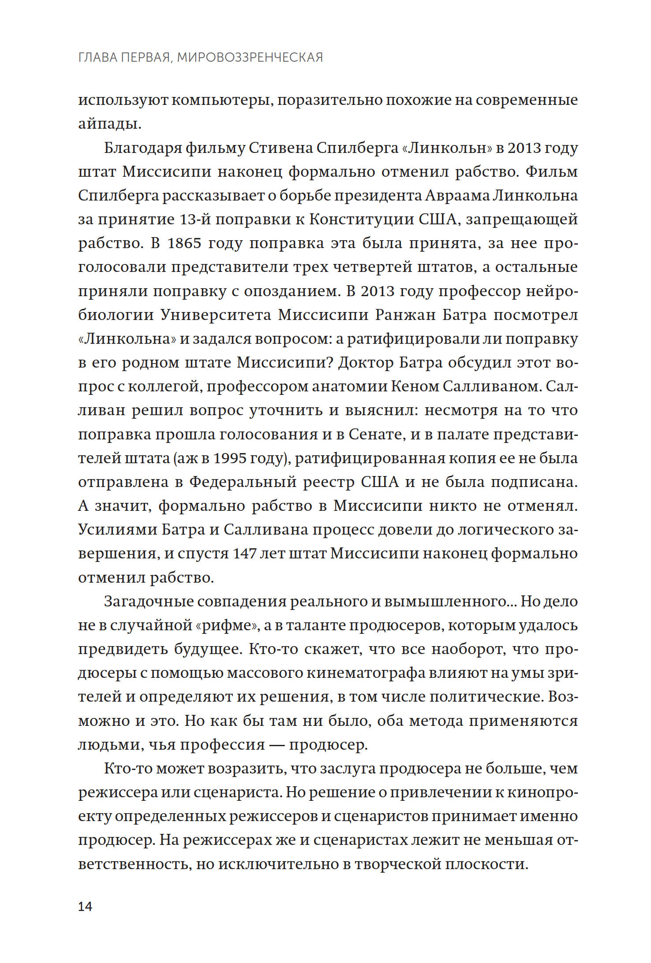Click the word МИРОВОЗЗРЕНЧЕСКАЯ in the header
pos(250,57)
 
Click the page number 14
pos(85,907)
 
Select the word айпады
pos(109,124)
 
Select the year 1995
pos(229,458)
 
